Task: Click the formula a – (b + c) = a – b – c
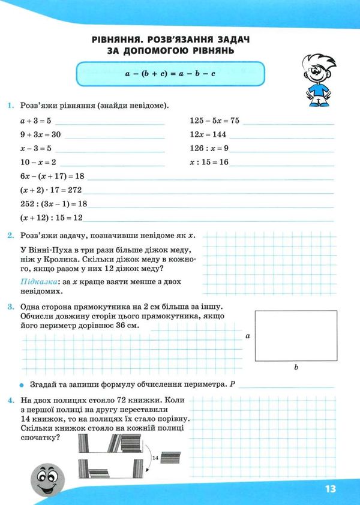(x=170, y=73)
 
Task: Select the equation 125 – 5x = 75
(x=214, y=121)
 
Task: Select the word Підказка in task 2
(x=37, y=281)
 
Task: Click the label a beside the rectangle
(x=247, y=337)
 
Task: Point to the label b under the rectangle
(x=296, y=367)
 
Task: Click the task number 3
(x=11, y=307)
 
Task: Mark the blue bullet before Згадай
(x=21, y=384)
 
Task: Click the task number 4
(x=11, y=399)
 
